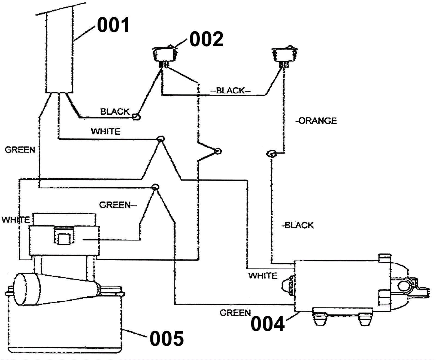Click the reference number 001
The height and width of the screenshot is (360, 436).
113,25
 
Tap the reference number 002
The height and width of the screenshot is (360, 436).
206,39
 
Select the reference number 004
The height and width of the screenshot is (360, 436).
268,324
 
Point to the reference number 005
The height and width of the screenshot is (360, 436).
167,339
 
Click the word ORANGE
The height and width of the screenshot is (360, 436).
318,121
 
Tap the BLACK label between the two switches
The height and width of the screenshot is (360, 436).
231,90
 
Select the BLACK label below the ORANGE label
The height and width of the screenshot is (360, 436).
299,225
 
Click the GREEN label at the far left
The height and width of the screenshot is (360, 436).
20,150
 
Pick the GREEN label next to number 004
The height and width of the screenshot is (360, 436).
235,313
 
